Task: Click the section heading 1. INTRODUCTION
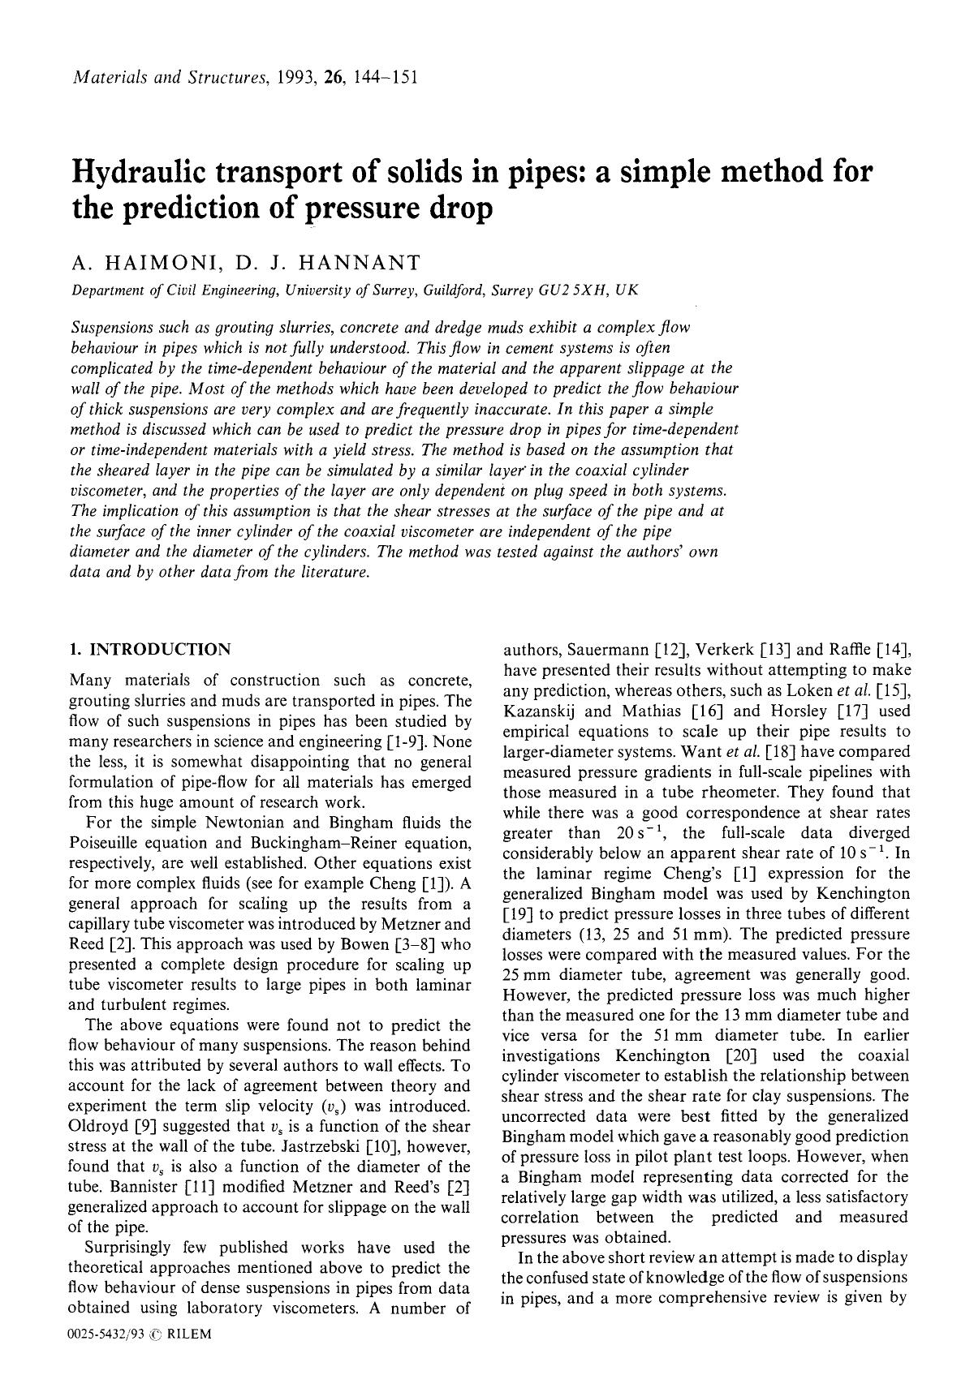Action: (x=151, y=649)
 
